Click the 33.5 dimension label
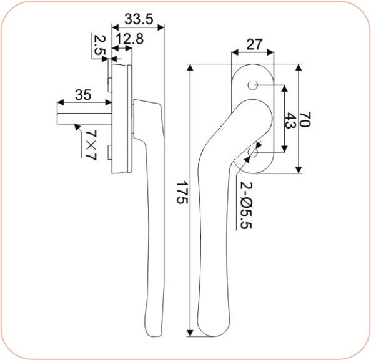(x=137, y=16)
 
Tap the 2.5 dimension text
(x=99, y=46)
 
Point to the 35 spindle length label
(x=82, y=95)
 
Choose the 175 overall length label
(x=181, y=193)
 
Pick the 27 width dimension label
(x=254, y=44)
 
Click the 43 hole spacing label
(x=289, y=120)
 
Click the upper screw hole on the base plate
(x=252, y=85)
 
